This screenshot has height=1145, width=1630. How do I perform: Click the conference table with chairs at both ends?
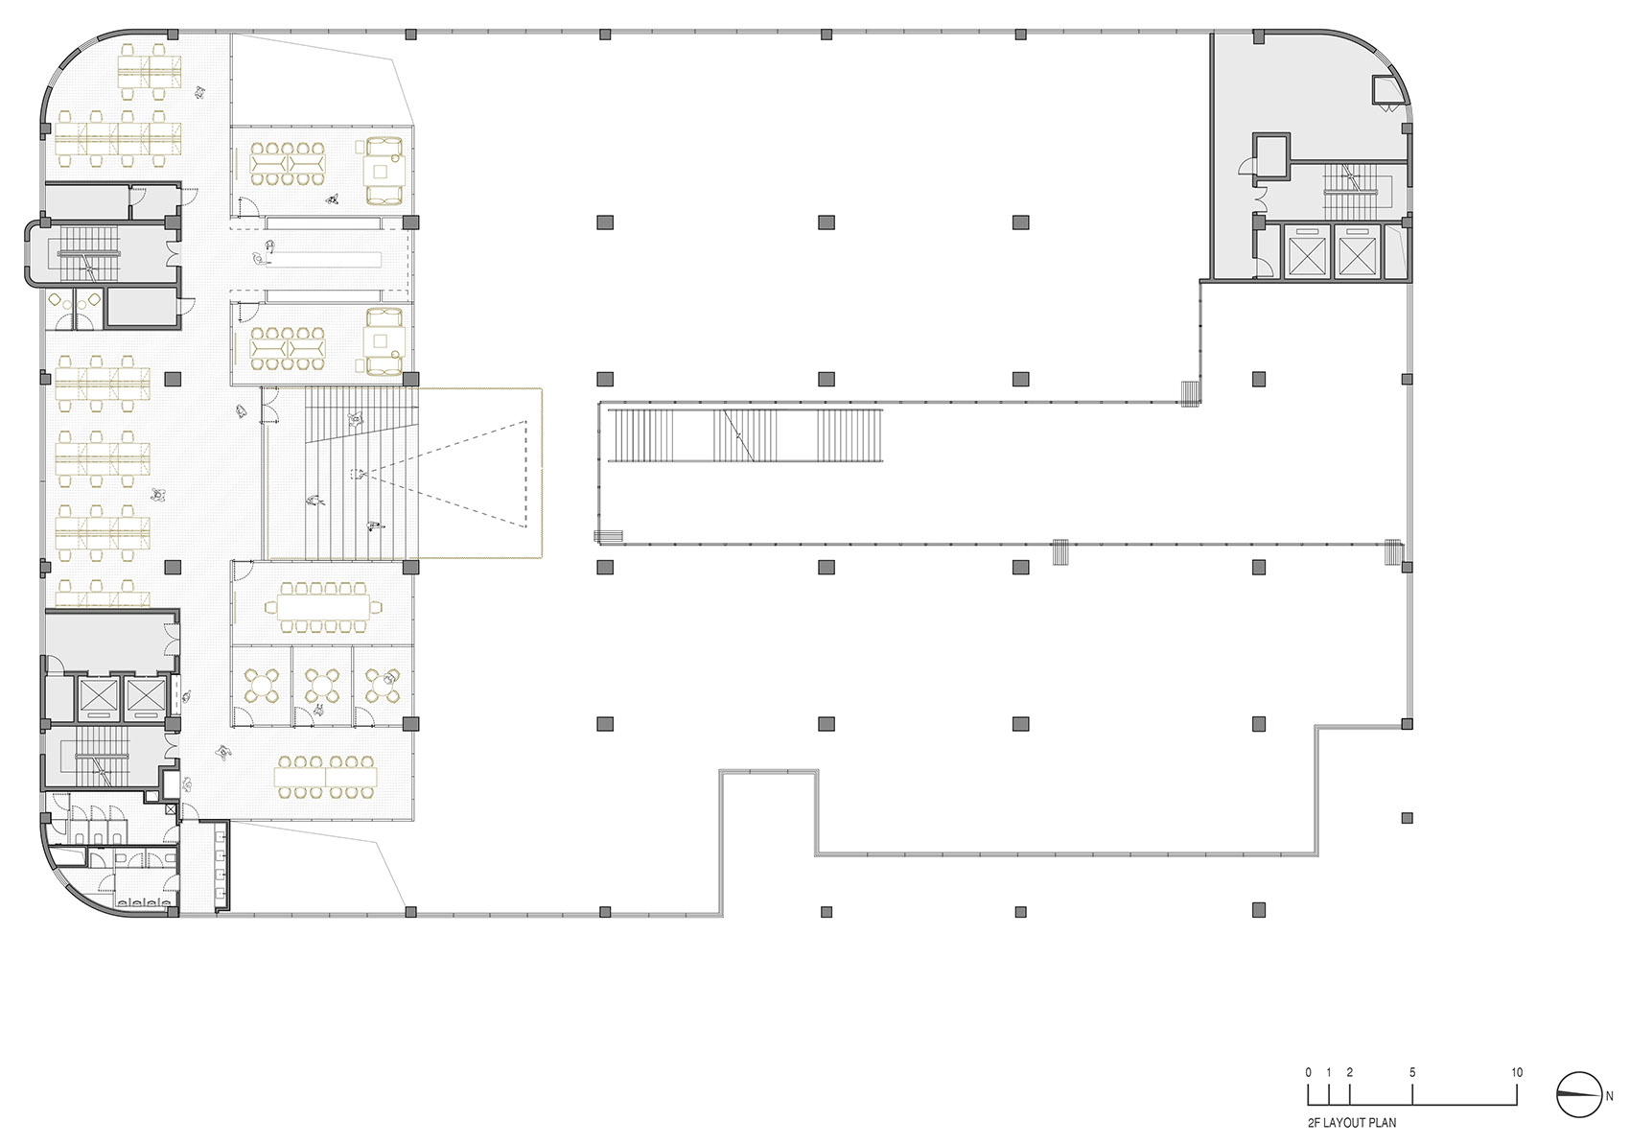click(322, 606)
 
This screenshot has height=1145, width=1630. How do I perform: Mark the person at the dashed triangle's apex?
click(358, 474)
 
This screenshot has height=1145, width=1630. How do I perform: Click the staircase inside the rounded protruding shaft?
click(86, 253)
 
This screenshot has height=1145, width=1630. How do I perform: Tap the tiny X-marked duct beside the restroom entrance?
click(171, 808)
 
